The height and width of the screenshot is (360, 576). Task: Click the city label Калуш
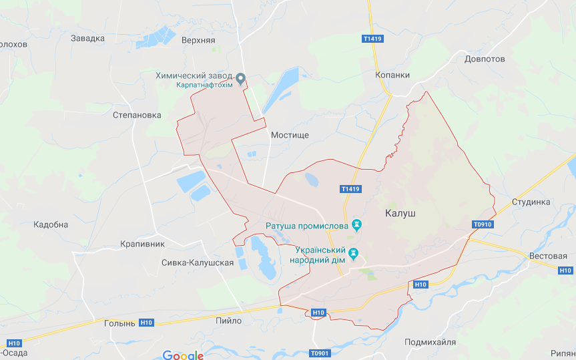400,213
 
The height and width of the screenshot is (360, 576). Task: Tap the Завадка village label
87,38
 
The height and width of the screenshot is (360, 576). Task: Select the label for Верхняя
198,40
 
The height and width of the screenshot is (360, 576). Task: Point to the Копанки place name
392,75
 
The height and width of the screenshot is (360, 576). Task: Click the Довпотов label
485,59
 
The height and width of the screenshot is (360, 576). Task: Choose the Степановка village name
137,115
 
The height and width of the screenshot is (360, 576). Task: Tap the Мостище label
290,135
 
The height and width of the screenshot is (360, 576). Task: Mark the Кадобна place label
51,224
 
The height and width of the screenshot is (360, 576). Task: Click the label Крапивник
142,244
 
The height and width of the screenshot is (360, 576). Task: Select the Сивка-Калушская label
198,262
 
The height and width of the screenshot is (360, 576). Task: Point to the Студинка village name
531,202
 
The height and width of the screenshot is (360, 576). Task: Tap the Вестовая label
547,256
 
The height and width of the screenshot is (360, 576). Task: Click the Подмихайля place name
430,342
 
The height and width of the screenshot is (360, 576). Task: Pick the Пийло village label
229,321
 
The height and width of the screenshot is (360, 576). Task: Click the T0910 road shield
481,224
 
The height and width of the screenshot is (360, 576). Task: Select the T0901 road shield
320,353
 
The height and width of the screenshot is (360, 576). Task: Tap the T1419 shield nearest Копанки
372,39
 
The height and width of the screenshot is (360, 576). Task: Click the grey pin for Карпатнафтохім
242,79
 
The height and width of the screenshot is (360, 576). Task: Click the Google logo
183,355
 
